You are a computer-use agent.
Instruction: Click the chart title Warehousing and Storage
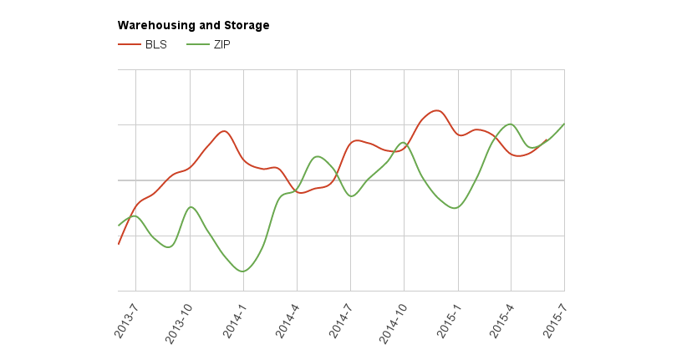[193, 26]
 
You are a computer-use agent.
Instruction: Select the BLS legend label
[156, 44]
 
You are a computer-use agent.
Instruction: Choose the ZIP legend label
[221, 44]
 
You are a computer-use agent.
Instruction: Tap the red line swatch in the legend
[129, 44]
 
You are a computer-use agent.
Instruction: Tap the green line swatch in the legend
[197, 44]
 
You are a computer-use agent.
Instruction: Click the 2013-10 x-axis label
[179, 320]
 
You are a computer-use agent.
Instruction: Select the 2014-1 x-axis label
[233, 317]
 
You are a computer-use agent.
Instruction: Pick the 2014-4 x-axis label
[287, 317]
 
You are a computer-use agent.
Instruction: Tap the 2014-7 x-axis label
[340, 317]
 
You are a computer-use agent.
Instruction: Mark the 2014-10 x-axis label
[393, 320]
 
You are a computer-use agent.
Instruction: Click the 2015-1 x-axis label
[447, 317]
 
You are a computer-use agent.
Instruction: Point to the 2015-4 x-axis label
[501, 317]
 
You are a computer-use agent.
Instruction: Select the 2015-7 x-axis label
[554, 317]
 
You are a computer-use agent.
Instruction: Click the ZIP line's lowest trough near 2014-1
[242, 271]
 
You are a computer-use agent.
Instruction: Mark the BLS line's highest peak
[436, 110]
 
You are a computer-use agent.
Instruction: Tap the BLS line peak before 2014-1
[223, 131]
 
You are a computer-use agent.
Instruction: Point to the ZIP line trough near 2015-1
[455, 208]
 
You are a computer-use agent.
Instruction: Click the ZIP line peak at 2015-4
[511, 124]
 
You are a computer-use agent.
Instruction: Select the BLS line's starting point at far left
[119, 243]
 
